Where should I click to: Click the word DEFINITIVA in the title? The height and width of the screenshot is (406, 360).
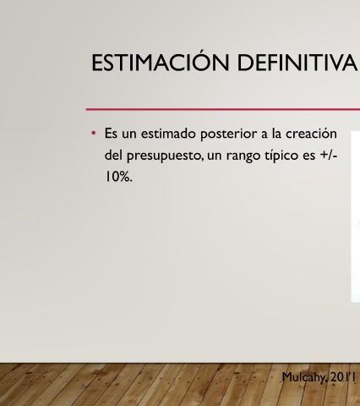pyautogui.click(x=297, y=63)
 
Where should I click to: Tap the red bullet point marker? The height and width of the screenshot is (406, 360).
pyautogui.click(x=94, y=133)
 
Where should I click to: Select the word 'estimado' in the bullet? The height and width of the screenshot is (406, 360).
pyautogui.click(x=168, y=133)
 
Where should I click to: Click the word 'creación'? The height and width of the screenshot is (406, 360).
pyautogui.click(x=311, y=133)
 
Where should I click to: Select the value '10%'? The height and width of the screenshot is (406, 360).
pyautogui.click(x=118, y=177)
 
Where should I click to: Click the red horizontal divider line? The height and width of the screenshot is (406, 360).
pyautogui.click(x=223, y=109)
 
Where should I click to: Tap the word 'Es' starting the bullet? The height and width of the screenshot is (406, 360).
pyautogui.click(x=111, y=133)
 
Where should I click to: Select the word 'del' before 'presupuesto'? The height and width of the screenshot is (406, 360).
pyautogui.click(x=113, y=155)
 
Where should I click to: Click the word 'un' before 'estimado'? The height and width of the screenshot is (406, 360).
pyautogui.click(x=129, y=134)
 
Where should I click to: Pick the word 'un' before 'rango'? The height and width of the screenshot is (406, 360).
pyautogui.click(x=214, y=156)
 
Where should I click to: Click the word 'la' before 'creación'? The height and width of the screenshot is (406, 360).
pyautogui.click(x=276, y=133)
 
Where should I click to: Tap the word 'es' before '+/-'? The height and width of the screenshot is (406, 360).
pyautogui.click(x=309, y=156)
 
